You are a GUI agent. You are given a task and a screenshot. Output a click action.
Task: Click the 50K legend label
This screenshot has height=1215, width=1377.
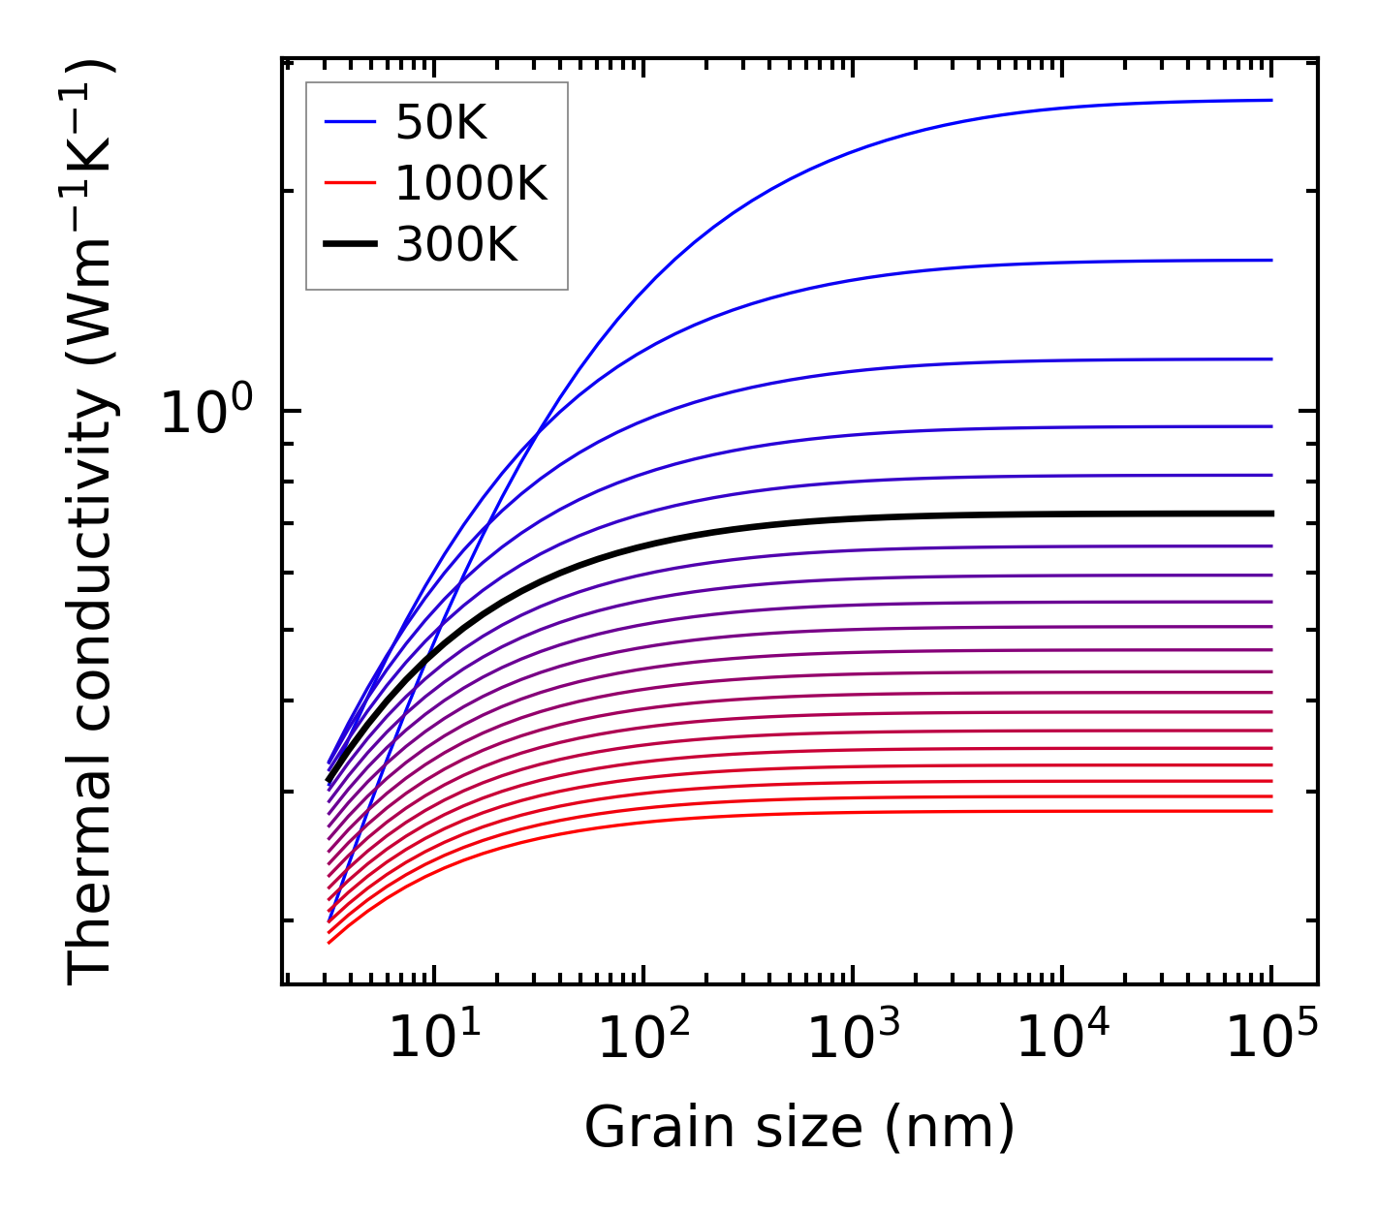441,123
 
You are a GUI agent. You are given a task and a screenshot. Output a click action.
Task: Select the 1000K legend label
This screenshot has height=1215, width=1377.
471,183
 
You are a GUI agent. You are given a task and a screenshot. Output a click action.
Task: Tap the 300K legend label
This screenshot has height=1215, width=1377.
456,245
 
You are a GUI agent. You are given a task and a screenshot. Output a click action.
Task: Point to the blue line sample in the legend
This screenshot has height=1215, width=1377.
349,122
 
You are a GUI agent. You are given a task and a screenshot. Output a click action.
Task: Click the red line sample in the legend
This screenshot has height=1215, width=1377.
349,183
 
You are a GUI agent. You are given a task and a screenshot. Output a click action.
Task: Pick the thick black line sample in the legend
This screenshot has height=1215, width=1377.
349,245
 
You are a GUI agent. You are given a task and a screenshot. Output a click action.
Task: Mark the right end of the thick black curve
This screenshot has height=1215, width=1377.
1270,514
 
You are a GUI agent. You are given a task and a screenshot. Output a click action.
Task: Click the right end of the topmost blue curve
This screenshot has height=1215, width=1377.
1270,100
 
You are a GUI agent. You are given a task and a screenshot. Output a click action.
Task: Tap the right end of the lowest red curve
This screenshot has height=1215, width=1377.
1270,811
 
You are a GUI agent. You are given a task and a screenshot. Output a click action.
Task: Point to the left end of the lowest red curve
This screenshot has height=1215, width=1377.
330,942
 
